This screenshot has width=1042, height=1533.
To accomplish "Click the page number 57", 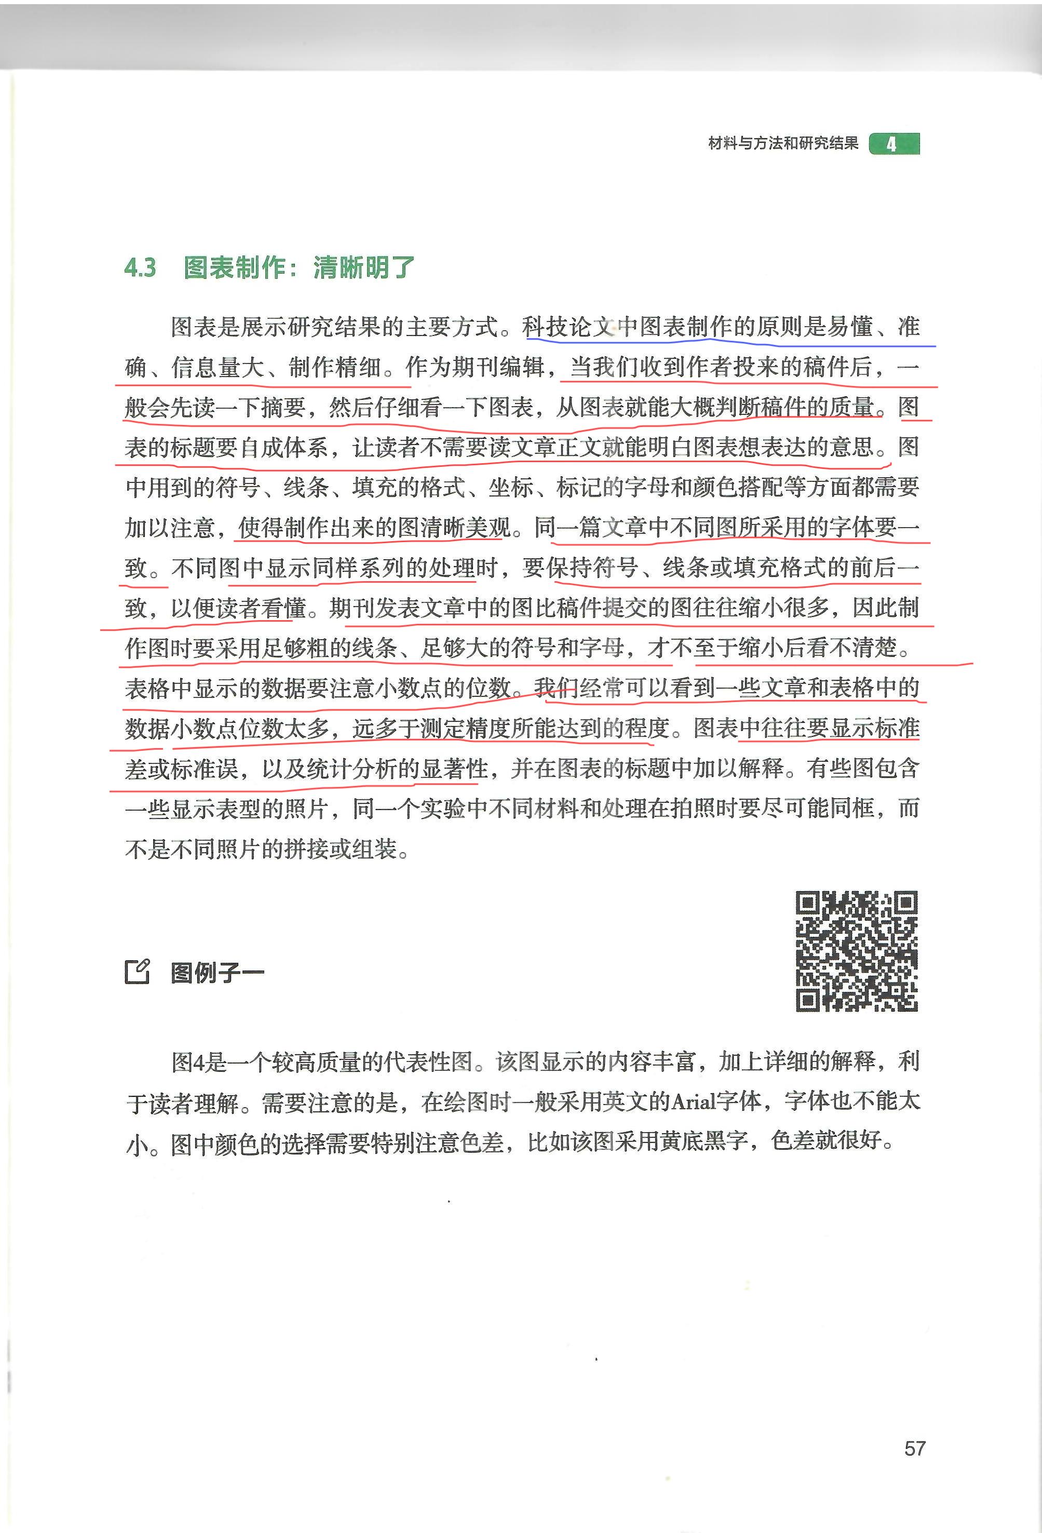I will point(915,1448).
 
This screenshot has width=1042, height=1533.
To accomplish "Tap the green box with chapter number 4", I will point(894,144).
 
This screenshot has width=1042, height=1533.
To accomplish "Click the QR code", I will point(856,950).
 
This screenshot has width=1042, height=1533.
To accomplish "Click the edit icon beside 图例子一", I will point(138,972).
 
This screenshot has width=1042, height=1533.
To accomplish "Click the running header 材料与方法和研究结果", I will point(783,143).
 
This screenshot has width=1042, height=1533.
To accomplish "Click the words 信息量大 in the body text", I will point(217,367).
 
